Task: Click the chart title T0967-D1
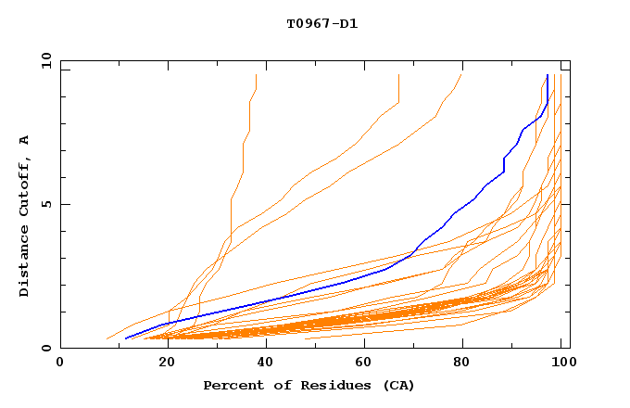click(321, 23)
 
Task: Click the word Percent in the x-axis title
click(232, 385)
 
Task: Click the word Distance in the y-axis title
click(25, 264)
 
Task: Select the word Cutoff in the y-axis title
click(25, 190)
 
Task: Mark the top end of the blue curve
click(548, 75)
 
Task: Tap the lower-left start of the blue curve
click(126, 338)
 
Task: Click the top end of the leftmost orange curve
click(256, 75)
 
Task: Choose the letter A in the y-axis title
click(25, 140)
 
